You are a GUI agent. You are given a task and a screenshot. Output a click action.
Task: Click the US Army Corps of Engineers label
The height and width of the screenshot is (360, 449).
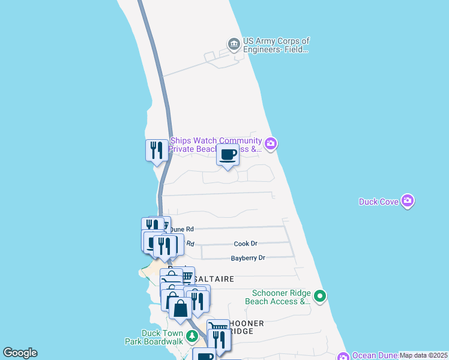276,46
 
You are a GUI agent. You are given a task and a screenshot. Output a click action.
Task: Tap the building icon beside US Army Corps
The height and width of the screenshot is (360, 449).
234,44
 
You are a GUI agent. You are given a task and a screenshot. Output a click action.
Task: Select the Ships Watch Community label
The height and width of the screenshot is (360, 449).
216,145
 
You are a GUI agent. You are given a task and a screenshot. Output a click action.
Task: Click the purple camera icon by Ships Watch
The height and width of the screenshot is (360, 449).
271,143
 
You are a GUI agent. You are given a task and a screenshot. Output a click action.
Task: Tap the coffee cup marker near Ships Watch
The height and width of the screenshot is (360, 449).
228,155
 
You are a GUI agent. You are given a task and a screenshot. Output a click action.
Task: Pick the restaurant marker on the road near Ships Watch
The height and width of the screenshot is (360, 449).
157,150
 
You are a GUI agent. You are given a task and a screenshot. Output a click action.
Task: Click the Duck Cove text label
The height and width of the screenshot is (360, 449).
379,202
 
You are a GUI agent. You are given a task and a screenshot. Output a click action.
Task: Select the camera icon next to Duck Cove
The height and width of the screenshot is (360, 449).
408,200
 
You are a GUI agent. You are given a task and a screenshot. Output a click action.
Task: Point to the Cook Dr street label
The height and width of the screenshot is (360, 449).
246,244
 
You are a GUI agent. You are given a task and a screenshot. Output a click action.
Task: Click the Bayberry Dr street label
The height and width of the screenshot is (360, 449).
248,258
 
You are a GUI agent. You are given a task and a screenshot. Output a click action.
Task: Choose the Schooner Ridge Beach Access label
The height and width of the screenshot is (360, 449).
279,297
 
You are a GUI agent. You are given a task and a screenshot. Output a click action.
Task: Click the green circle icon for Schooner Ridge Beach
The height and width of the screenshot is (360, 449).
321,295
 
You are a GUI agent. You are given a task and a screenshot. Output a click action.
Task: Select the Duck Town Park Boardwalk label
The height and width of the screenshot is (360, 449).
161,337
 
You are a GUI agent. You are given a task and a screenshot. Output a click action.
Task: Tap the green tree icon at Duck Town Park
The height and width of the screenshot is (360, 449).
192,336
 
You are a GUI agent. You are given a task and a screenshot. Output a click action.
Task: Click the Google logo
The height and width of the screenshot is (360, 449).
20,353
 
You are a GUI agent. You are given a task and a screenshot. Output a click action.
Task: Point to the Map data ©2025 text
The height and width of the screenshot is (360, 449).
423,355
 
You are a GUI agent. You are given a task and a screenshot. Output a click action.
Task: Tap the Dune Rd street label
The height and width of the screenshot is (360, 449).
181,229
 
